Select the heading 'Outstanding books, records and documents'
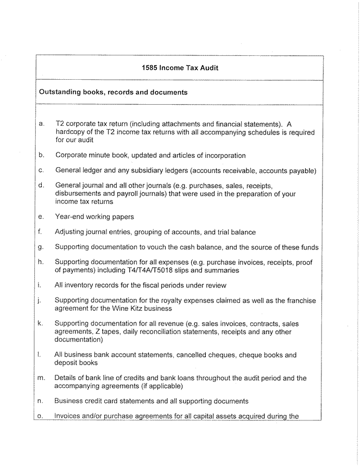pyautogui.click(x=113, y=92)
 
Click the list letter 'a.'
pyautogui.click(x=42, y=124)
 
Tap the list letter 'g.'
pyautogui.click(x=42, y=247)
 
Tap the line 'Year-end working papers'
pyautogui.click(x=94, y=216)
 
